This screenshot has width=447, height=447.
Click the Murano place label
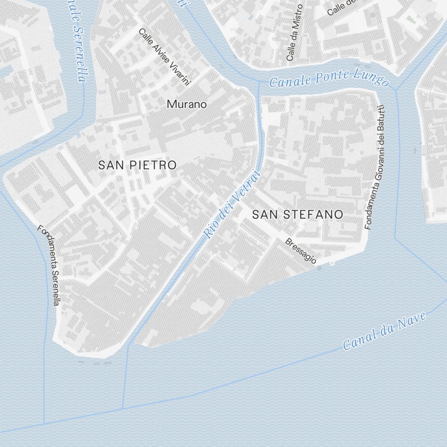(187, 105)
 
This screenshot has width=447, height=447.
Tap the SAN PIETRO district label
(137, 165)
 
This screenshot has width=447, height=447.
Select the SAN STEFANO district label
(298, 215)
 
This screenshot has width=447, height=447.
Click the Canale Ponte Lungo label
(329, 79)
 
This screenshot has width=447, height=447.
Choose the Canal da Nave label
(384, 331)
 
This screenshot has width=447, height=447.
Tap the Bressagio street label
(301, 251)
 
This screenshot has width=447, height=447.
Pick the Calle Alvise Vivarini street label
(165, 57)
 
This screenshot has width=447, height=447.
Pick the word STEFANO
(314, 215)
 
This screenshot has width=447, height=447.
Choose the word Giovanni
(377, 152)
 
